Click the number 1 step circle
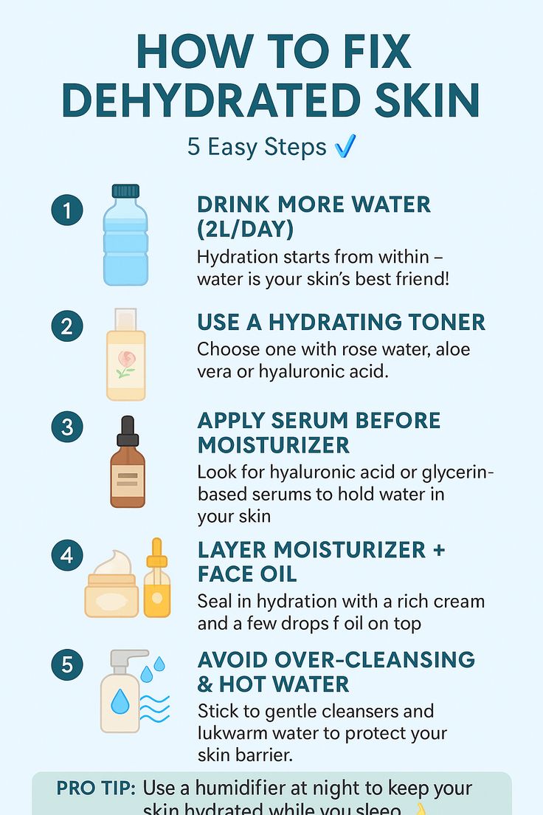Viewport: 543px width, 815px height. [x=67, y=211]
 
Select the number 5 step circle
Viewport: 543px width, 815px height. [x=67, y=666]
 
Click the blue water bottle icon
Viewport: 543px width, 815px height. [x=125, y=240]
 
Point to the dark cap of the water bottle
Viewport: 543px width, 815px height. [x=125, y=191]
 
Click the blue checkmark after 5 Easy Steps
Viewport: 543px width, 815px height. [x=345, y=146]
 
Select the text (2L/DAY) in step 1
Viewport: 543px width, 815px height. [x=245, y=230]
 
